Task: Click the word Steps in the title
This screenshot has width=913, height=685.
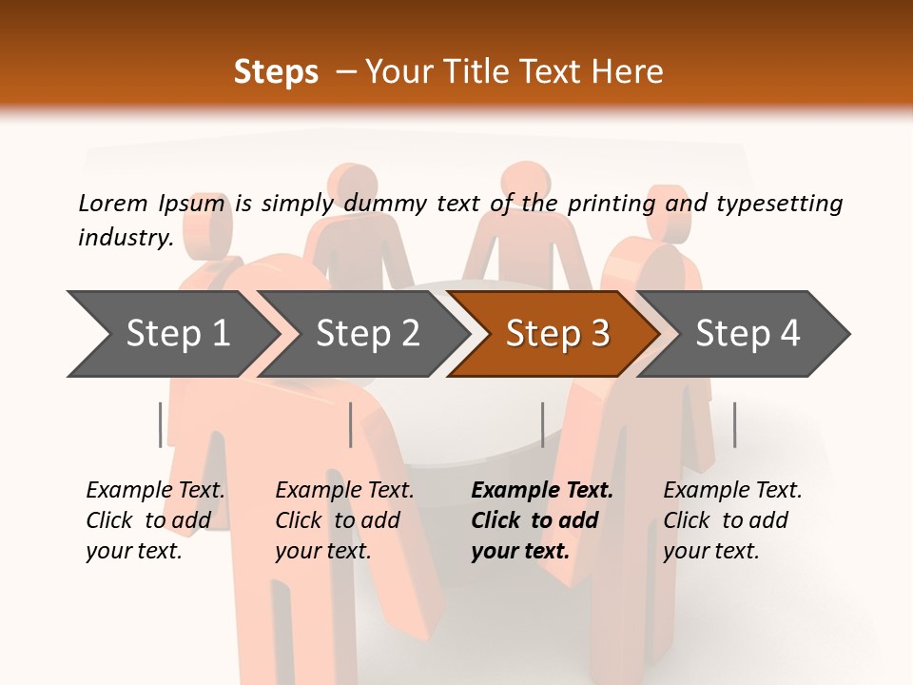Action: (x=276, y=72)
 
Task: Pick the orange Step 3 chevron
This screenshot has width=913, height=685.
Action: (x=556, y=333)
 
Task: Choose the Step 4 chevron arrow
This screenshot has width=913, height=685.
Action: (x=748, y=333)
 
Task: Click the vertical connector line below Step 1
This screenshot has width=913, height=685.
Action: (x=161, y=424)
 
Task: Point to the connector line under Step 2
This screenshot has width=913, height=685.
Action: (x=351, y=424)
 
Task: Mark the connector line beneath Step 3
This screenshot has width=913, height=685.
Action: (x=542, y=424)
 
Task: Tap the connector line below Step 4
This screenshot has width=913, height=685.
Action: (x=734, y=424)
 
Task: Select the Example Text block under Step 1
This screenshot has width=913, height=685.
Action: (x=155, y=520)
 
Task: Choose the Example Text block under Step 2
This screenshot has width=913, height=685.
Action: (x=344, y=520)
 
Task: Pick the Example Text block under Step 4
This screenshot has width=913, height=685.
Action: (x=732, y=520)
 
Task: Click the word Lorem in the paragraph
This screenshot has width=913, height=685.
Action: (x=112, y=203)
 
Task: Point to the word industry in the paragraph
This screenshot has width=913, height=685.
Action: (x=125, y=237)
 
